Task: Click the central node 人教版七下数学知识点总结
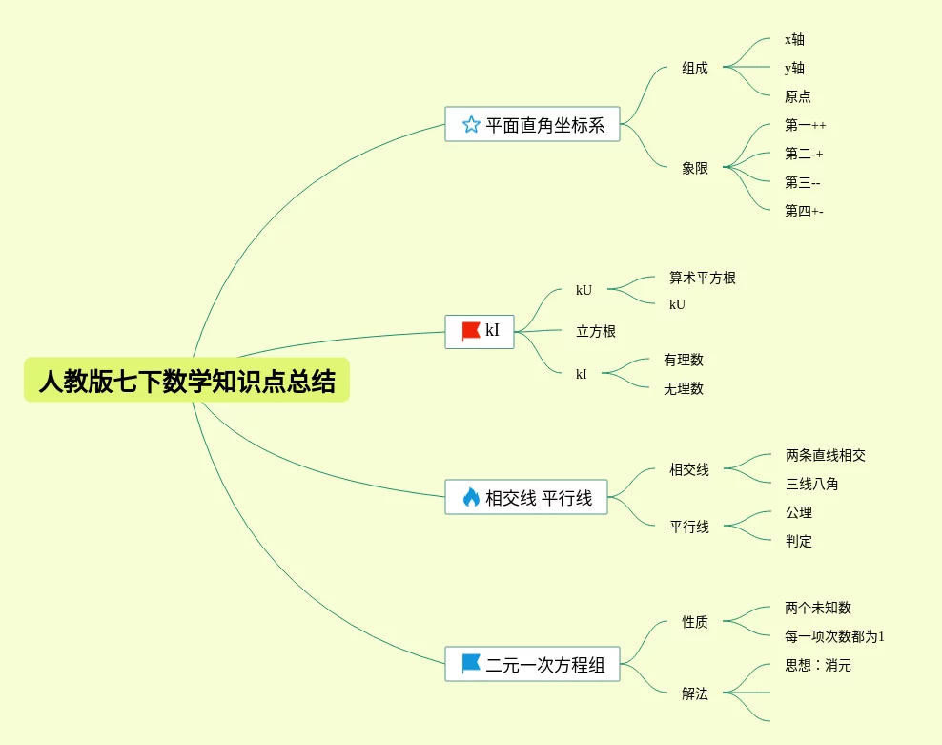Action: [187, 381]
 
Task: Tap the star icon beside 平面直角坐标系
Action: [471, 124]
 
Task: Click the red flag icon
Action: [471, 331]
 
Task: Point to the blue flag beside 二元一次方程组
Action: [471, 664]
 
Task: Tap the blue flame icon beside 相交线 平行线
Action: [471, 497]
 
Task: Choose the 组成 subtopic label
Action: [695, 68]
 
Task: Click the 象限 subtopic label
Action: [695, 167]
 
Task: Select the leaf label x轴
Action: [794, 39]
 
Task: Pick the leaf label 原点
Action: [798, 96]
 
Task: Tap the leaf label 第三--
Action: [803, 182]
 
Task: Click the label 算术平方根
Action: [703, 278]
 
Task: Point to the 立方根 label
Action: [596, 331]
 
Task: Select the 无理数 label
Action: [684, 388]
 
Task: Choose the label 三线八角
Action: [812, 484]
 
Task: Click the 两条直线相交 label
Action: [826, 455]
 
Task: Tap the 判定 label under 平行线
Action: [799, 541]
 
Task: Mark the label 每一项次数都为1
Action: [835, 636]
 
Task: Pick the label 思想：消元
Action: [818, 665]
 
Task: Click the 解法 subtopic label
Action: [695, 693]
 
